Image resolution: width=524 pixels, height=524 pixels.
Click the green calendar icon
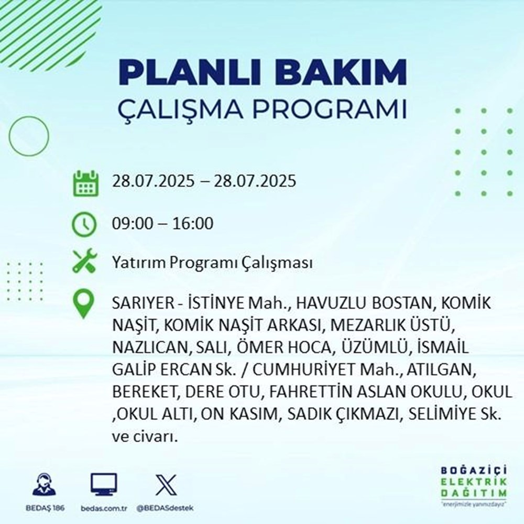click(84, 183)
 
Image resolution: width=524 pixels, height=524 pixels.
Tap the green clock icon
click(84, 224)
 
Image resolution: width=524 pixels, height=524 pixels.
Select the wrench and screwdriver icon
click(84, 261)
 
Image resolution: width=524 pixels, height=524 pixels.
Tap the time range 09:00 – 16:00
click(163, 224)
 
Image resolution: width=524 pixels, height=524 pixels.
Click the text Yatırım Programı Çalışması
click(212, 263)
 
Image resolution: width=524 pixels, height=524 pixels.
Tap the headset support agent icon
click(44, 485)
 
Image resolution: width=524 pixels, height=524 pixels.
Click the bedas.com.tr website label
click(104, 508)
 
